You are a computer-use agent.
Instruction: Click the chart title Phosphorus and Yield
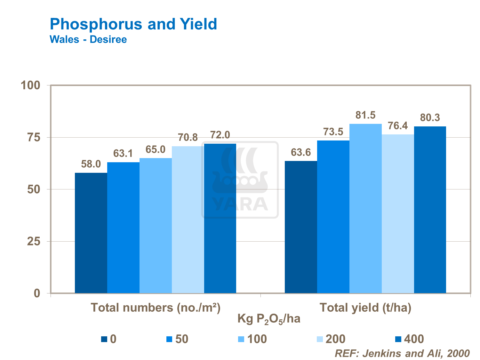[x=133, y=24]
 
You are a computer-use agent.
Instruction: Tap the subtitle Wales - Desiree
[x=88, y=40]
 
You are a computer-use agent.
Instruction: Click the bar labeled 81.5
[x=365, y=208]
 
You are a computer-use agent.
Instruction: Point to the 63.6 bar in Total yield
[x=301, y=227]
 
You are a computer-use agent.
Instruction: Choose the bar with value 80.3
[x=430, y=210]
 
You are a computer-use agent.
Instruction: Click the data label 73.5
[x=333, y=132]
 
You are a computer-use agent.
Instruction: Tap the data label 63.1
[x=123, y=154]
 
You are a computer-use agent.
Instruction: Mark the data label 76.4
[x=398, y=126]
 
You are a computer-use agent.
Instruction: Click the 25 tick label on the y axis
[x=34, y=242]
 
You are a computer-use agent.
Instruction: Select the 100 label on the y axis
[x=30, y=85]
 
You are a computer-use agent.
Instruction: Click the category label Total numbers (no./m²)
[x=156, y=308]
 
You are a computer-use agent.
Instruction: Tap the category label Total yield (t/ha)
[x=365, y=308]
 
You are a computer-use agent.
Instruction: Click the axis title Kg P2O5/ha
[x=269, y=319]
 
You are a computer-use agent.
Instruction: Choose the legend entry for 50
[x=178, y=339]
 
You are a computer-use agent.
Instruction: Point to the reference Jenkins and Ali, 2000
[x=402, y=353]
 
